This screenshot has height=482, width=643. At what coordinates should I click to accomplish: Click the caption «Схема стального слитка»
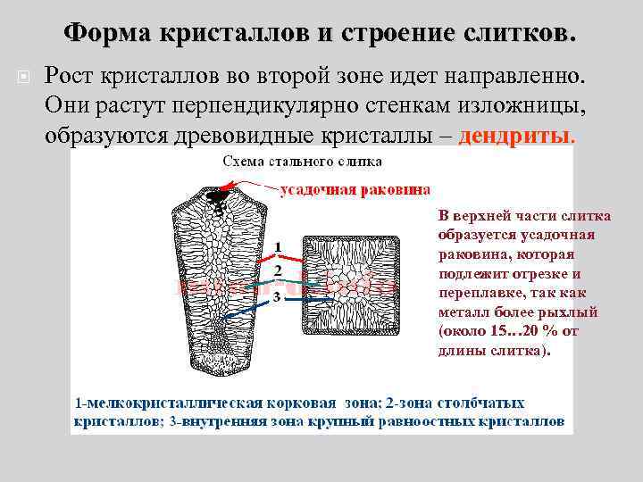(x=301, y=162)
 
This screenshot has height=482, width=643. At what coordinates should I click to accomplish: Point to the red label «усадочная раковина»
(x=355, y=189)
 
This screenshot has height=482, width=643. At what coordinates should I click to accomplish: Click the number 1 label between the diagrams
(x=278, y=245)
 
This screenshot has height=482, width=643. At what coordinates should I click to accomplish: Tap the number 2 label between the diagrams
(x=278, y=269)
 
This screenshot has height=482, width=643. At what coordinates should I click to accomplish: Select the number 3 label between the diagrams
(x=278, y=295)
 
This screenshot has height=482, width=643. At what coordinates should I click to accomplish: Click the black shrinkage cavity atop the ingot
(x=218, y=195)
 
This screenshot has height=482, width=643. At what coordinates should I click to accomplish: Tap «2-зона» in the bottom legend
(x=410, y=403)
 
